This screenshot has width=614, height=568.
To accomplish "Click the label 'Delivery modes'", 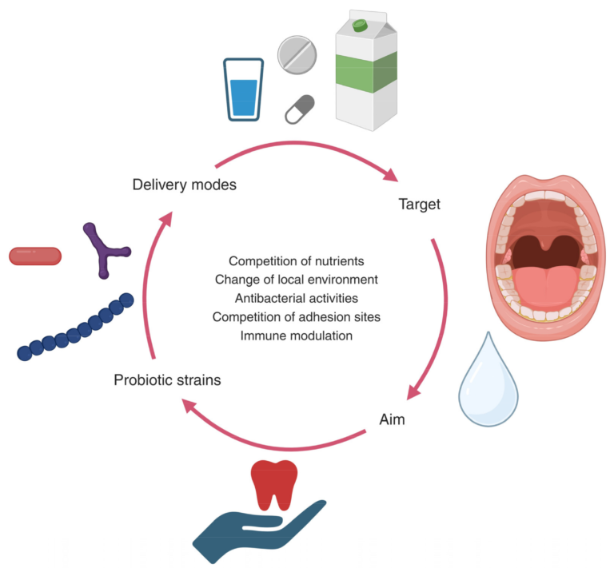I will (184, 185).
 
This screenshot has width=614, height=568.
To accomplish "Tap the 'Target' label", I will (419, 205).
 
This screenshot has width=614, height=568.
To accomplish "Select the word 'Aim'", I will (391, 419).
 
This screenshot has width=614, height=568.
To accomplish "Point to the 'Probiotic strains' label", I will (167, 379).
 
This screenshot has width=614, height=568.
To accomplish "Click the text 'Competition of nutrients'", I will (296, 261).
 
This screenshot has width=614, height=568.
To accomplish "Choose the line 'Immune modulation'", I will (296, 336).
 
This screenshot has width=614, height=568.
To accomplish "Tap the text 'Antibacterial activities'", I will (296, 298).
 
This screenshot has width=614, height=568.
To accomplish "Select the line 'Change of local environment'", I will (296, 280).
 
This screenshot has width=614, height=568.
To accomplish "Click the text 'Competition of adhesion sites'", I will (296, 317).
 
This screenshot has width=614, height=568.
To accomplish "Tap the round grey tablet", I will (296, 54).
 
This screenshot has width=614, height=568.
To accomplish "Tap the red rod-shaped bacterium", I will (34, 256).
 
